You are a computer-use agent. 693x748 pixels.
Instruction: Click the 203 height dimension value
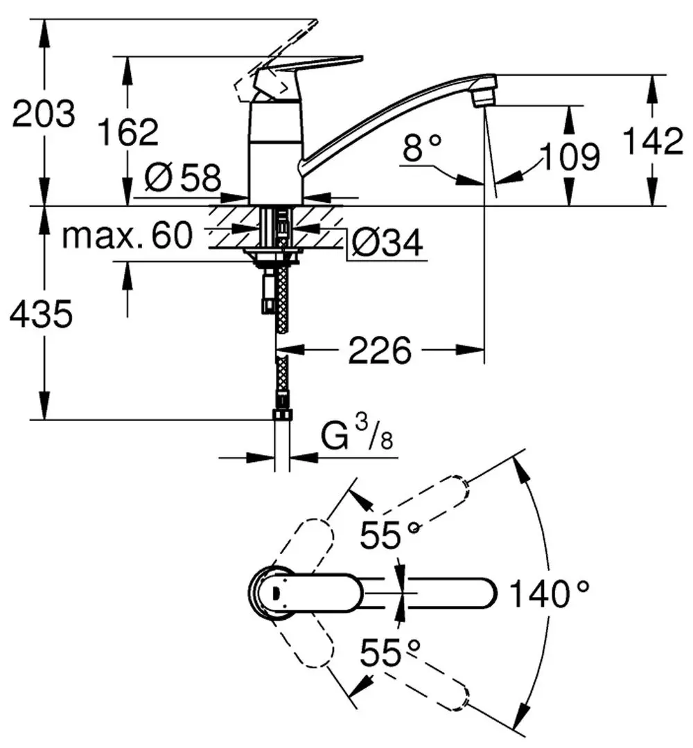point(43,114)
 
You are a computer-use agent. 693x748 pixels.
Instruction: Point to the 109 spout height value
point(570,157)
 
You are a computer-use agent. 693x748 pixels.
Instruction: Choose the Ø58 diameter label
point(182,179)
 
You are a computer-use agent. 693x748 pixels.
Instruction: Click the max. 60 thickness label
point(127,237)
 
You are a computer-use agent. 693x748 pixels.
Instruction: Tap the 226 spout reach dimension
point(379,352)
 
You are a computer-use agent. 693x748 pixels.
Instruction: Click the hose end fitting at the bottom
point(283,415)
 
